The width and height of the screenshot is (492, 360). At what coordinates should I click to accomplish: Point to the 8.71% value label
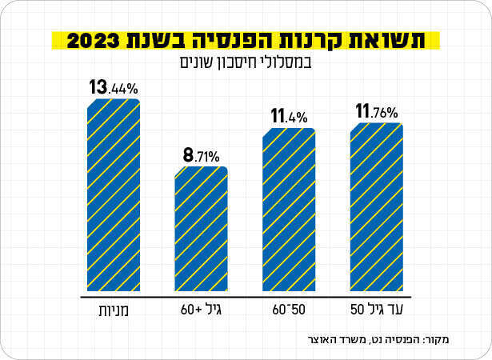[202, 154]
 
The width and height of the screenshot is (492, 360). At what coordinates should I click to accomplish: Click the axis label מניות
[114, 309]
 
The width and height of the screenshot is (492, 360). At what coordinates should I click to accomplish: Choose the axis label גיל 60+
[202, 309]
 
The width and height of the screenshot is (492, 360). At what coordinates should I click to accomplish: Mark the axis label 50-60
[289, 309]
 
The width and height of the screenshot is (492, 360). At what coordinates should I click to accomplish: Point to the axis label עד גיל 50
[376, 309]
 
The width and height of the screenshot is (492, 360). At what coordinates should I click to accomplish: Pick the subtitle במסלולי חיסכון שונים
[246, 62]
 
